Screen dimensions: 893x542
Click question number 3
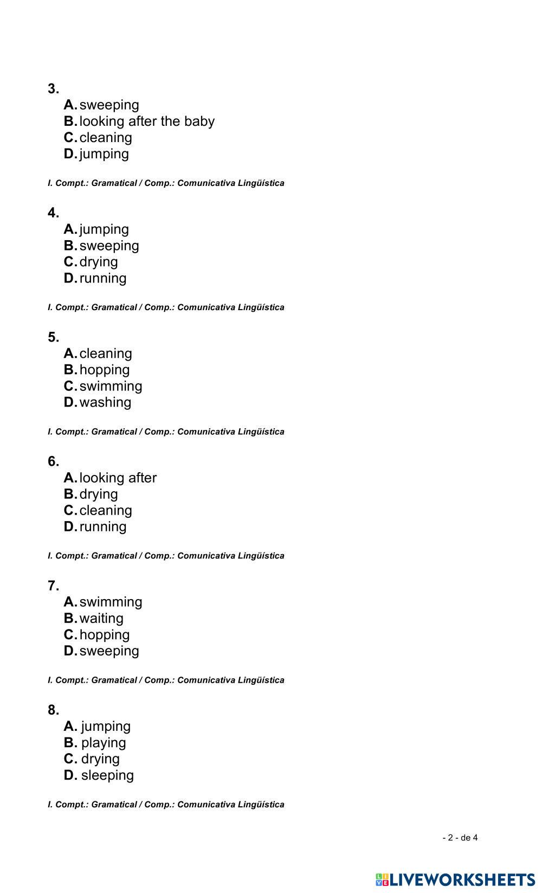[x=53, y=88]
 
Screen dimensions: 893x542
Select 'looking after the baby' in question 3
[x=147, y=121]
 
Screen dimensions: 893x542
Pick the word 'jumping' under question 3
[x=104, y=153]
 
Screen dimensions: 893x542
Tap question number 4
[x=53, y=213]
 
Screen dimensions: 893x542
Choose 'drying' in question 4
[x=99, y=261]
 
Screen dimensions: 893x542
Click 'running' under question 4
[x=103, y=278]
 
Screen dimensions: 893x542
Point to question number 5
[x=53, y=337]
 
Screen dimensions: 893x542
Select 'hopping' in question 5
[x=105, y=369]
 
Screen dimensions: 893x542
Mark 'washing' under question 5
[x=105, y=402]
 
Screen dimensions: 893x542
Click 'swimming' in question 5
[x=111, y=386]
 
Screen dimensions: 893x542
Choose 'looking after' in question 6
[x=118, y=477]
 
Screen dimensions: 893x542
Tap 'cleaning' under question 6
[x=106, y=510]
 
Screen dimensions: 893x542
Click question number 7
[x=53, y=586]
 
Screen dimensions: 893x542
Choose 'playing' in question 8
[x=104, y=742]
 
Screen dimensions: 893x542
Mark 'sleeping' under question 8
[x=107, y=775]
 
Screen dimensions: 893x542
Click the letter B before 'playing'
[x=70, y=742]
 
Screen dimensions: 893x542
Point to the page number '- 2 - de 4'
[x=460, y=837]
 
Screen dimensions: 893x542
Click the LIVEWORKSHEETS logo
[x=455, y=879]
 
